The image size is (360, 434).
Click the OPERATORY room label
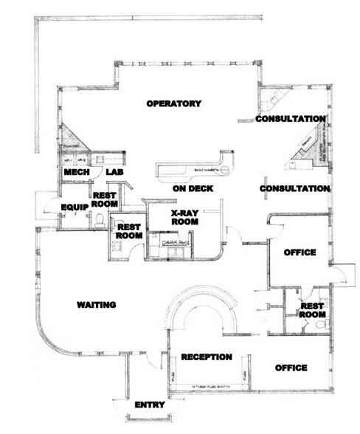coord(173,104)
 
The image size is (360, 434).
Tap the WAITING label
coord(100,304)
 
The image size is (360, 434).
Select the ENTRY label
coord(150,405)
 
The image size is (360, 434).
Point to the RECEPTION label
coord(207,357)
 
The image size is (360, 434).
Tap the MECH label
coord(77,172)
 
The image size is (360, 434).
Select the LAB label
coord(114,172)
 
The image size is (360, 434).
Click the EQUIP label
coord(75,207)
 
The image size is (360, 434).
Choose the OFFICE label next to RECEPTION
coord(290,368)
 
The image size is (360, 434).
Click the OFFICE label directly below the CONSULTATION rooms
coord(300,252)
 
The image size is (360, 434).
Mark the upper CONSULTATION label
coord(291,118)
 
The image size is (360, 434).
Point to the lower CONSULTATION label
coord(294,189)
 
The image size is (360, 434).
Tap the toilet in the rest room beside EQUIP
coord(98,219)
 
